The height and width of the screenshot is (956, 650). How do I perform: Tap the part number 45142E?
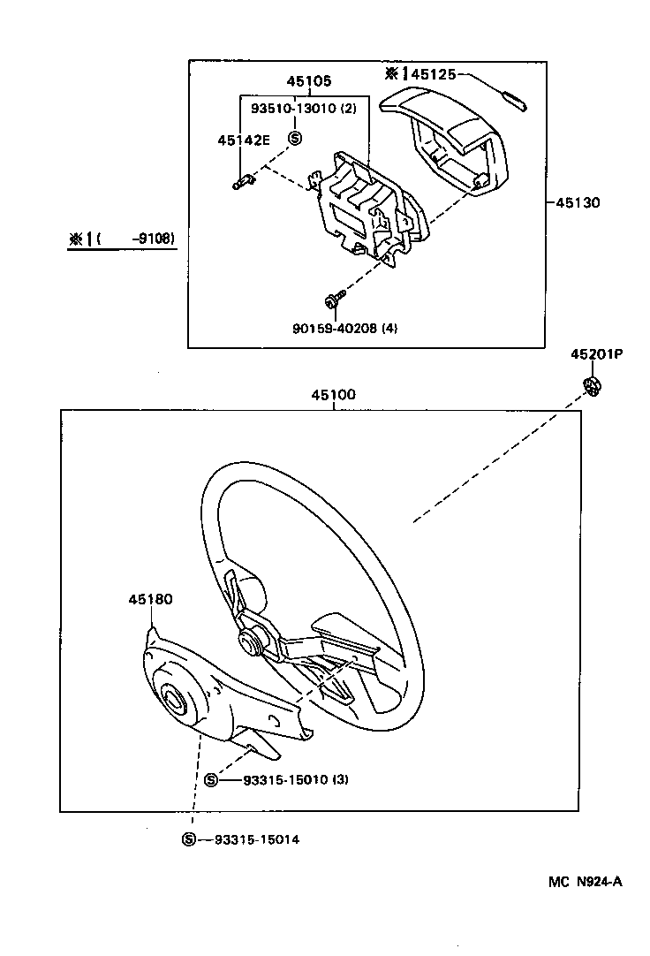pos(243,140)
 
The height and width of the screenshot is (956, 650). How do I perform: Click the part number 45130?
pos(578,202)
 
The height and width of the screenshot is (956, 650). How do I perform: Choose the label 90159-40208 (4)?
pos(344,328)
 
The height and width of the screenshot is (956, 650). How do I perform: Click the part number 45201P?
pos(596,354)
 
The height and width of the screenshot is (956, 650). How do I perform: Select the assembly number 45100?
pos(332,395)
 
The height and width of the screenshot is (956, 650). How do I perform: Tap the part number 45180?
pos(150,598)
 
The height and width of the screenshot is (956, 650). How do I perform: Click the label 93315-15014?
pos(256,839)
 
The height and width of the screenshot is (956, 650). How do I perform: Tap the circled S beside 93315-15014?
pos(189,839)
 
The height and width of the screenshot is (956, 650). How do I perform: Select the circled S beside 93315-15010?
pos(211,779)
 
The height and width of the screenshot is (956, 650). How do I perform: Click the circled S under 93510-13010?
pos(295,137)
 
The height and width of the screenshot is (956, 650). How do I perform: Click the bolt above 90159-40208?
pos(333,303)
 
